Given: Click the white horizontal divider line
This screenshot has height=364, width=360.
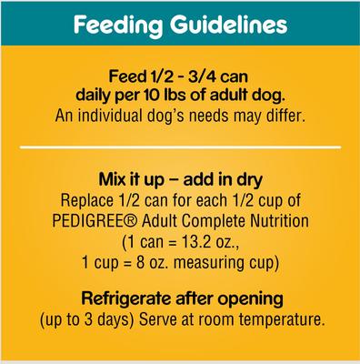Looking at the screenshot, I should click(179, 146).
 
